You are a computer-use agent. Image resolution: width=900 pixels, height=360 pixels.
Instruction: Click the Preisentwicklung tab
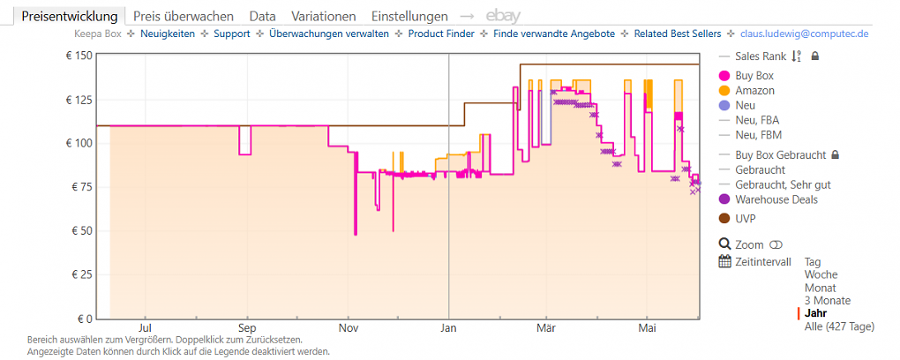coord(70,16)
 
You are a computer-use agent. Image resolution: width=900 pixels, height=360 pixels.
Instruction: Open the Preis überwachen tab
coord(184,16)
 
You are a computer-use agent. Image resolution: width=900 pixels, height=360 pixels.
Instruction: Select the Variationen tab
coord(323,16)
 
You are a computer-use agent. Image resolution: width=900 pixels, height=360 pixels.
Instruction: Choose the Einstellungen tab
coord(409,16)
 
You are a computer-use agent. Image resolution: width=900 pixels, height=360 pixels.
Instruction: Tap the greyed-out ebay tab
coord(503,16)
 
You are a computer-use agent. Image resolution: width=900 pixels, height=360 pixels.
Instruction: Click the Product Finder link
coord(441,34)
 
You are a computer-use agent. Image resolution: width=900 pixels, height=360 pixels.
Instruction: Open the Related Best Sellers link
coord(678,34)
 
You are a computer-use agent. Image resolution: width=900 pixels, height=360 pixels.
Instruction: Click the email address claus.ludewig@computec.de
coord(804,34)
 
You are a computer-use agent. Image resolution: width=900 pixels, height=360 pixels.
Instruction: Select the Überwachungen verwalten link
coord(329,34)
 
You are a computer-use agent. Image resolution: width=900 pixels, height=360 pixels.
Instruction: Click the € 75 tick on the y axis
coord(80,187)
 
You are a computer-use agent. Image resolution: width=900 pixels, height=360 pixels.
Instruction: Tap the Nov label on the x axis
coord(348,328)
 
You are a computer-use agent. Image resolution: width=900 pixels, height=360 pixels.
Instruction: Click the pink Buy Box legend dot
coord(724,76)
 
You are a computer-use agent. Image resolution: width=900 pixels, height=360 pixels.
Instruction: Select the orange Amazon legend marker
coord(724,91)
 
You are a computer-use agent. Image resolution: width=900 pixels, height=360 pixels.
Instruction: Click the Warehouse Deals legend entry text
coord(776,199)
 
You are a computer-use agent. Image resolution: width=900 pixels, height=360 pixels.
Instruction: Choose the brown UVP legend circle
coord(724,219)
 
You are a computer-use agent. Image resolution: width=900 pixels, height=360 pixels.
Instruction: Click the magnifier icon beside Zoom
coord(725,244)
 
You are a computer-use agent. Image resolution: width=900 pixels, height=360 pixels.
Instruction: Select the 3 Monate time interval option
coord(828,301)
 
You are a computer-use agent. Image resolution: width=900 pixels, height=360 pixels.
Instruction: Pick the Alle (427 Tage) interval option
coord(840,327)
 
